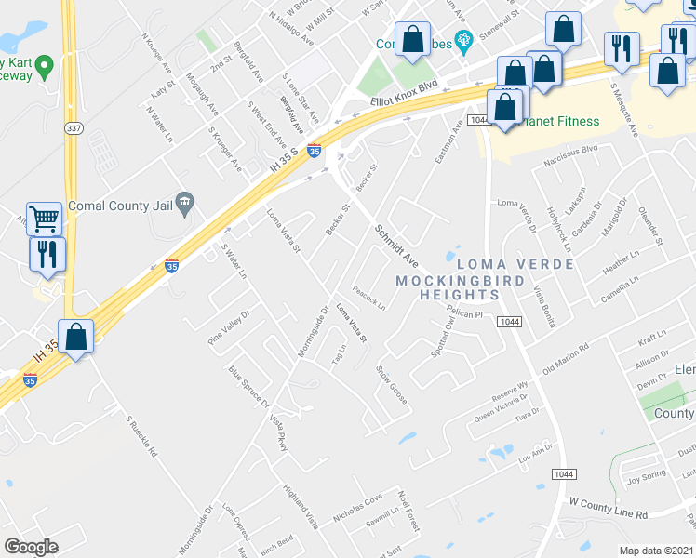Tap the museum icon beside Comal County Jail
tap(185, 201)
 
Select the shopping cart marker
tap(44, 219)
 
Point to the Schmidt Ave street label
tap(397, 244)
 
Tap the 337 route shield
tap(71, 126)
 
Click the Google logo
tap(31, 547)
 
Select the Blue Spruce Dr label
tap(248, 386)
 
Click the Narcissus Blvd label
tap(571, 172)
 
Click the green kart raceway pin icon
tap(44, 65)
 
